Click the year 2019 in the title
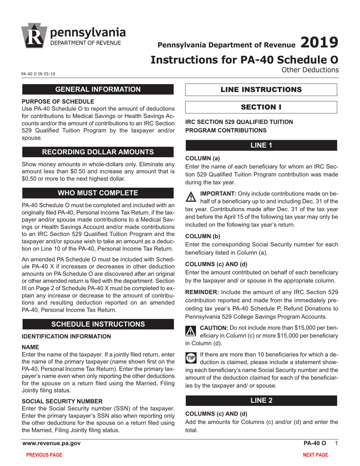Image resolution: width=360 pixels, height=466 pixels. [319, 42]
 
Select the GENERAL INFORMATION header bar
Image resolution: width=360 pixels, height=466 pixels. [98, 89]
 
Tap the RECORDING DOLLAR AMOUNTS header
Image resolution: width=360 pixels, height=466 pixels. [98, 152]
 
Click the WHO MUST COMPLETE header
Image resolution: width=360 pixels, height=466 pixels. [98, 193]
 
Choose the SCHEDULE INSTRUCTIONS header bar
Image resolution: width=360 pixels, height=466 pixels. [98, 324]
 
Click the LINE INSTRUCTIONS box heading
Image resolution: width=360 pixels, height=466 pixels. [261, 90]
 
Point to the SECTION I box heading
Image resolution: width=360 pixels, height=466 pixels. [261, 107]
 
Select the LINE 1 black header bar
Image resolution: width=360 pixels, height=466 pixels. [261, 146]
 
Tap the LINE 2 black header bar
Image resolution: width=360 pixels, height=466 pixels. [261, 401]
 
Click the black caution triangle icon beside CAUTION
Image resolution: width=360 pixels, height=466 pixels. [190, 331]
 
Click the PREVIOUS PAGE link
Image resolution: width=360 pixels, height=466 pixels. [44, 455]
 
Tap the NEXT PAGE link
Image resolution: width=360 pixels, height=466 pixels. [315, 455]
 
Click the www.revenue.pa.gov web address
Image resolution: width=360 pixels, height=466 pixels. [52, 443]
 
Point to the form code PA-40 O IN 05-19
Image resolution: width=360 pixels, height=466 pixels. [38, 74]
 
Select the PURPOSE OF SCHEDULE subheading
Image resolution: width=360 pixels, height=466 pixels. [58, 102]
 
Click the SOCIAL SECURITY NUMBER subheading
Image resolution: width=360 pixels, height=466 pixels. [62, 401]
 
